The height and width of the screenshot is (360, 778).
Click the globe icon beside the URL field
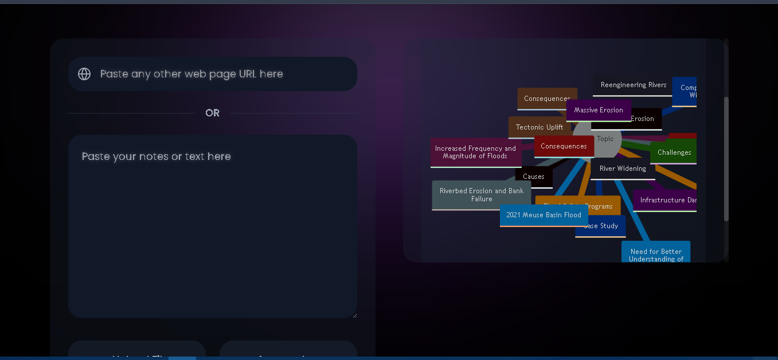[84, 74]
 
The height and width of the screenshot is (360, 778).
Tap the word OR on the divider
[212, 113]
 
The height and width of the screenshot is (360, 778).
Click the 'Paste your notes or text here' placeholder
[157, 156]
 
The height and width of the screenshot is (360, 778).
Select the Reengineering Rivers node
[633, 85]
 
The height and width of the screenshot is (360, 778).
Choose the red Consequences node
[564, 146]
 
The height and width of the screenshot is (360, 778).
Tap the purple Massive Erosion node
[598, 110]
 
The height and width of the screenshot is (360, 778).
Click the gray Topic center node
[605, 139]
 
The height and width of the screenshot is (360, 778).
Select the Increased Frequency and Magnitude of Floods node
[475, 152]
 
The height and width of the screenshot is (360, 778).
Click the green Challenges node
[674, 152]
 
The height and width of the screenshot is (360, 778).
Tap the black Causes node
[533, 177]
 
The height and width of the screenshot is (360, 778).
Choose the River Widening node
[622, 169]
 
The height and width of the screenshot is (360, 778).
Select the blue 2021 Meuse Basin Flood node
[544, 215]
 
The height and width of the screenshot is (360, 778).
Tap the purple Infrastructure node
[667, 200]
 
